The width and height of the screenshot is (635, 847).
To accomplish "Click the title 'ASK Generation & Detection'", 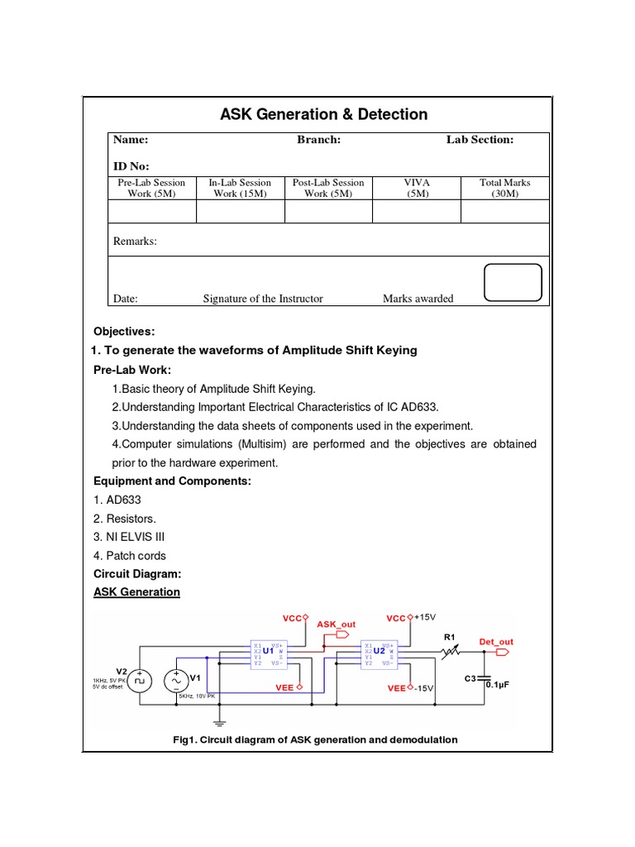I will [323, 114].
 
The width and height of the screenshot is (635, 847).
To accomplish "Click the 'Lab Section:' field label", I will [480, 140].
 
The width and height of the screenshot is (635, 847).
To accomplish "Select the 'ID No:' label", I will [131, 166].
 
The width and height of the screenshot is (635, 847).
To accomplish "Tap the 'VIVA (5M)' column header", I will [416, 188].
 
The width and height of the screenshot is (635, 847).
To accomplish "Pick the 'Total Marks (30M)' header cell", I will [504, 188].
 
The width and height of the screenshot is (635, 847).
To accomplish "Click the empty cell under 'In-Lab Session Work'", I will [240, 212].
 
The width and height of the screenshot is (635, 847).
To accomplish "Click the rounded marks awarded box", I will [513, 283].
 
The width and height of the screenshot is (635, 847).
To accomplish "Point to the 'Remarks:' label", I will [135, 242].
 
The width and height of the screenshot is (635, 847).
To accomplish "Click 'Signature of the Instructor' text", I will [263, 299].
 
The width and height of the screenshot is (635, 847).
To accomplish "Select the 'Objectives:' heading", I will [124, 332].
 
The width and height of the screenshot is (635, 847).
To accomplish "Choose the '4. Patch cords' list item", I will [130, 556].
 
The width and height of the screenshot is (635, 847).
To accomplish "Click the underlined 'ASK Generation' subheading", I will [136, 592].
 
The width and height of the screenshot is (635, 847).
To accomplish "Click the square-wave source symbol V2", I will [140, 681].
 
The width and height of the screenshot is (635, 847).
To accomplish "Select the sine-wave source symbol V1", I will [176, 681].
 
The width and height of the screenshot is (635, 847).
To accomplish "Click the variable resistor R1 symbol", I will [449, 653].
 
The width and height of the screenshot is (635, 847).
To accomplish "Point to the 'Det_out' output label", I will [496, 642].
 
